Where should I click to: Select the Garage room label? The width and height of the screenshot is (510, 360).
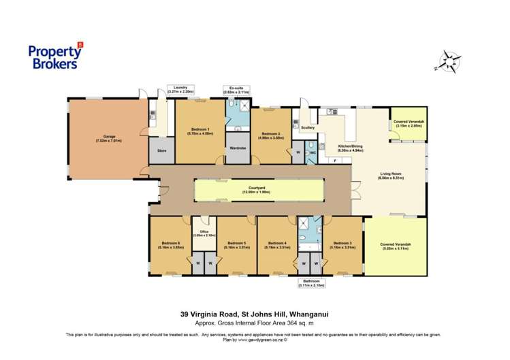pos(108,139)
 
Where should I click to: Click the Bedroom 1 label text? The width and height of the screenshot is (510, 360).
pos(200,132)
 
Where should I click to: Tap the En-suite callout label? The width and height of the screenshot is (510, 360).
pos(236,90)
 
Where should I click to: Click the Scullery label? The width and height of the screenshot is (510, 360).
pos(307,127)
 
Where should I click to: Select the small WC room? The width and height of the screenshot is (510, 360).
pos(311,152)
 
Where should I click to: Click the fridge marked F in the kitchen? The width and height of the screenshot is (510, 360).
pos(335,160)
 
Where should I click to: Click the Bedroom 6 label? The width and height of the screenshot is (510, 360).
pos(170,245)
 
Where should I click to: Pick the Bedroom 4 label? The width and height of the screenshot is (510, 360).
pos(276,245)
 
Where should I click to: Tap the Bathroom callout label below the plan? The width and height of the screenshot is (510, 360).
pos(311,283)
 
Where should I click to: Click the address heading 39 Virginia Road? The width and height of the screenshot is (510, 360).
pos(255,314)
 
